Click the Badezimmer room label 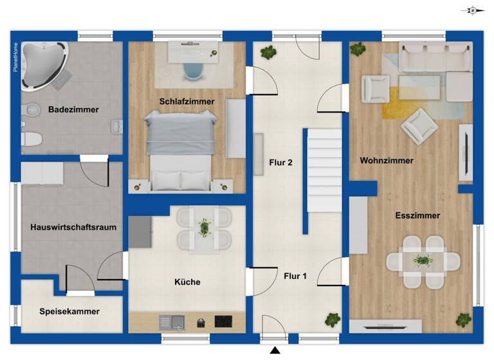73,110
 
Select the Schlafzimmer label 187,102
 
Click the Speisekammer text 69,312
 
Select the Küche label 187,282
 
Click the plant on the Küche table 204,226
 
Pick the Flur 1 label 295,277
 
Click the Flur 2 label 281,163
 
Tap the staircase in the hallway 323,170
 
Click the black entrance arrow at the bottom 275,350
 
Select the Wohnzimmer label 387,161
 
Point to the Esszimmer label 417,216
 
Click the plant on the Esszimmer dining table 423,260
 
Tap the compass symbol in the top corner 473,10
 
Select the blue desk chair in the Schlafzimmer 192,69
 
